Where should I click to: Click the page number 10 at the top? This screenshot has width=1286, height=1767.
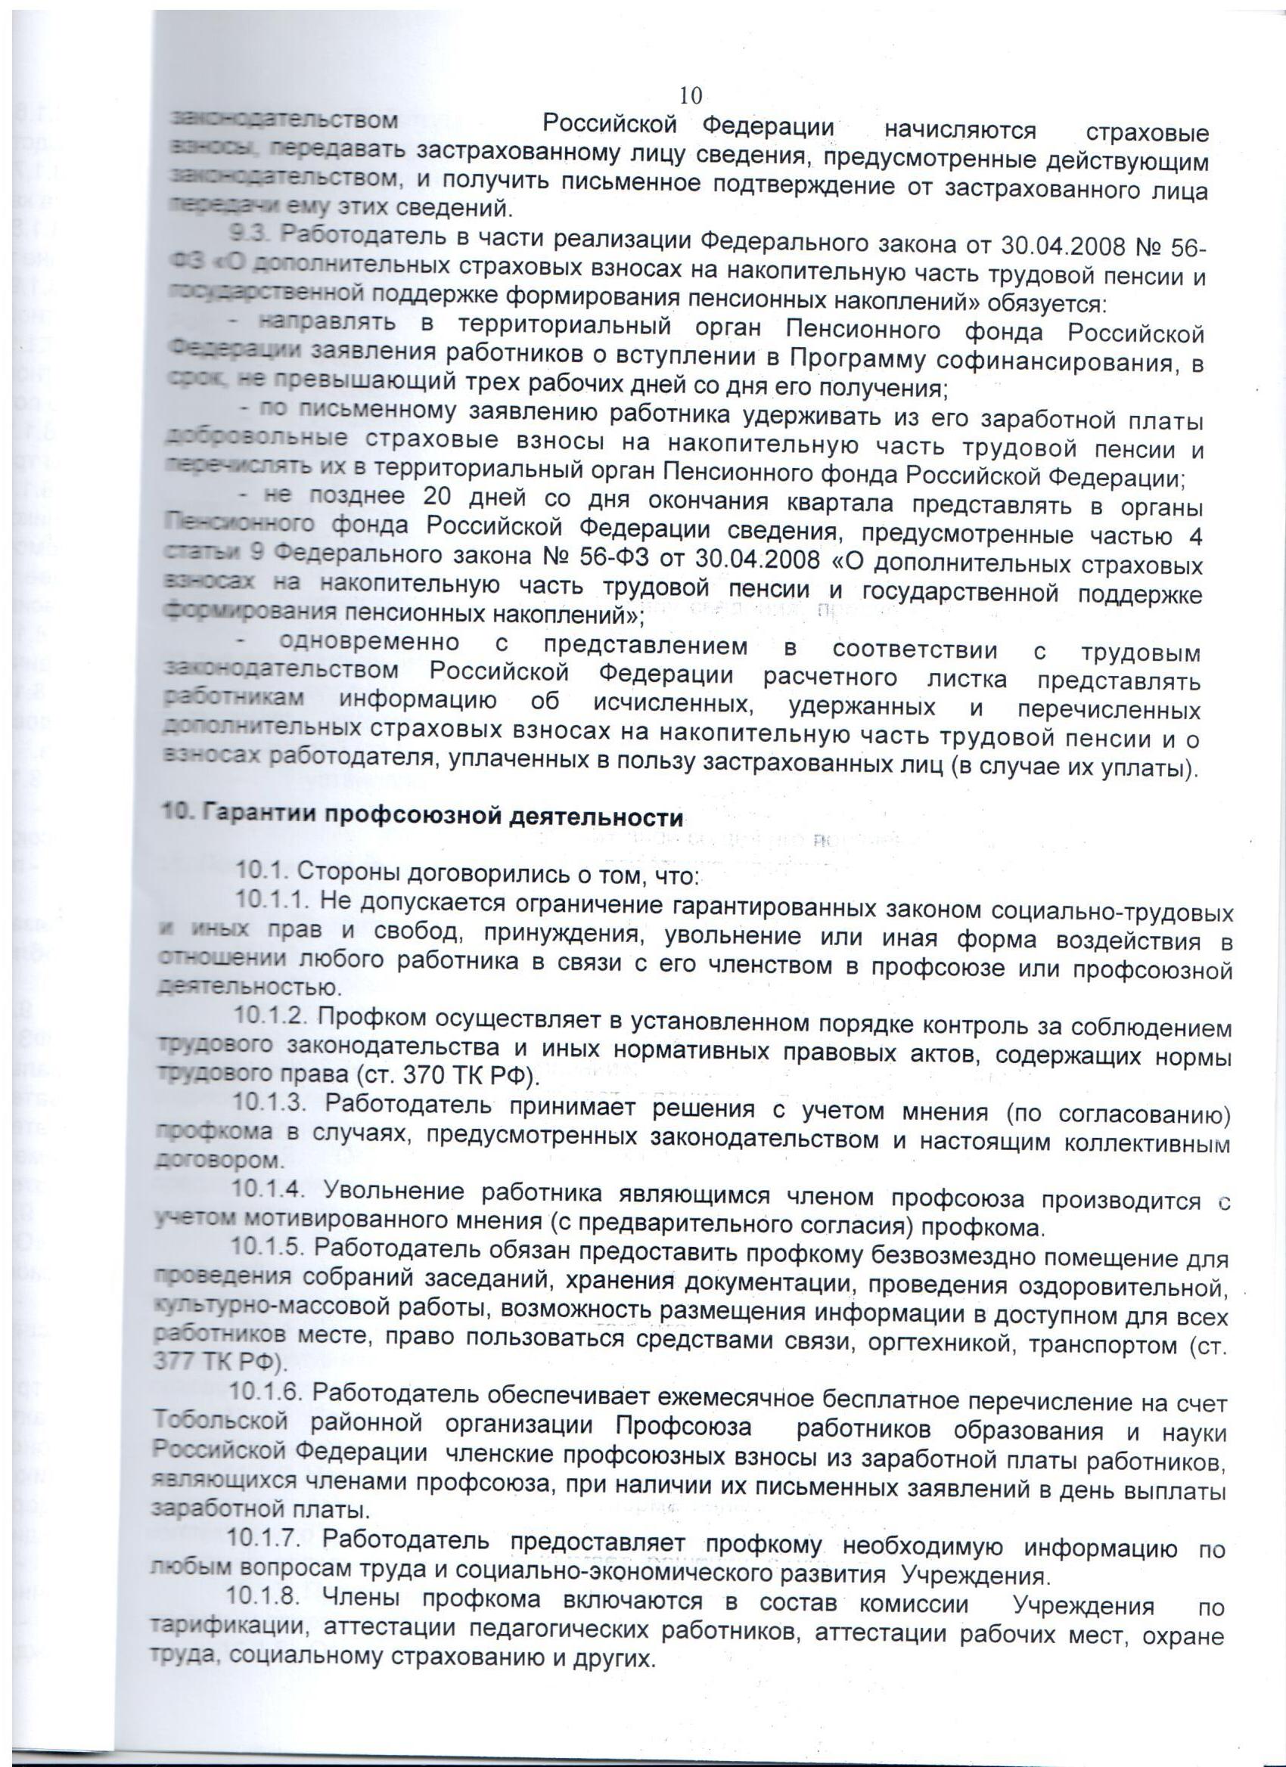point(691,96)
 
